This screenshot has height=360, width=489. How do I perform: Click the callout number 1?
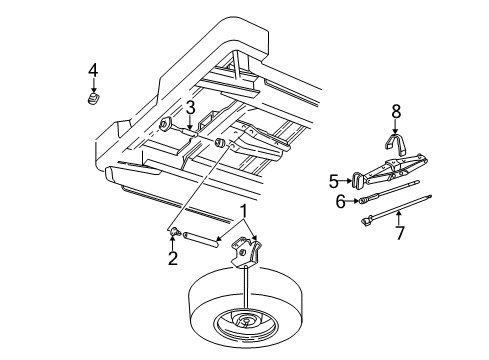pos(241,211)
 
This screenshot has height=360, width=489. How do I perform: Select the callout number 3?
pos(189,108)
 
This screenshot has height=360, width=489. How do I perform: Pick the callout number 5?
pos(334,182)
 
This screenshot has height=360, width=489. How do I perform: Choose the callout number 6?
pos(340,200)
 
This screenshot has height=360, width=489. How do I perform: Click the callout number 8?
pos(396,113)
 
